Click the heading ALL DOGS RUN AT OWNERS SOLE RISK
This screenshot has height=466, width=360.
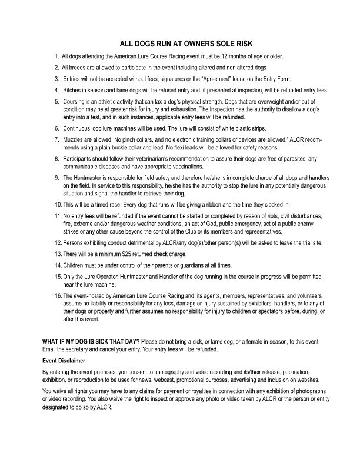pyautogui.click(x=179, y=44)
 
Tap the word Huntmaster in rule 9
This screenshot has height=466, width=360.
pyautogui.click(x=89, y=178)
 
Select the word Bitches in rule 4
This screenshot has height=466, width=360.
pyautogui.click(x=72, y=90)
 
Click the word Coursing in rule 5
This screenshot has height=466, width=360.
pyautogui.click(x=75, y=101)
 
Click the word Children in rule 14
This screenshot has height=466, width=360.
pyautogui.click(x=75, y=265)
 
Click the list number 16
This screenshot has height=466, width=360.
pyautogui.click(x=56, y=295)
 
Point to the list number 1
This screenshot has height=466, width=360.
pyautogui.click(x=56, y=56)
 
